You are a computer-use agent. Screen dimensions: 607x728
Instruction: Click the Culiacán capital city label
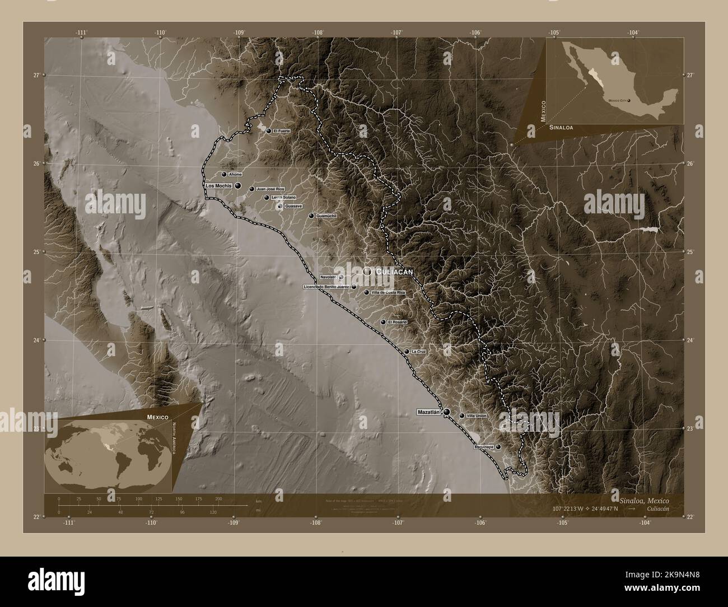pyautogui.click(x=395, y=272)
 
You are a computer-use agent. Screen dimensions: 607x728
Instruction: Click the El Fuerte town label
pyautogui.click(x=282, y=131)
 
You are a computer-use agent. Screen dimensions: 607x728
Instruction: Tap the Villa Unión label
pyautogui.click(x=477, y=416)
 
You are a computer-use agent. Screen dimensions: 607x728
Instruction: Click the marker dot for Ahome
pyautogui.click(x=224, y=174)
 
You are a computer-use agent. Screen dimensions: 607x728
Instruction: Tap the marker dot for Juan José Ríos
pyautogui.click(x=251, y=189)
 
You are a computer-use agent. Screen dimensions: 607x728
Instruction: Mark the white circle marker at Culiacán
pyautogui.click(x=367, y=271)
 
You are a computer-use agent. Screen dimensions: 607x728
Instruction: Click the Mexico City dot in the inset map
pyautogui.click(x=629, y=101)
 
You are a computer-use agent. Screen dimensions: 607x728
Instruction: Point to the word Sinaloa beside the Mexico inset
pyautogui.click(x=561, y=128)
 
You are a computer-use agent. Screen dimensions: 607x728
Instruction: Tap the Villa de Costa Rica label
pyautogui.click(x=388, y=292)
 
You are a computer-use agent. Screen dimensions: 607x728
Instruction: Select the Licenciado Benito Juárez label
pyautogui.click(x=326, y=287)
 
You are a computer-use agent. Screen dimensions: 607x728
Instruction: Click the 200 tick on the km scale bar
pyautogui.click(x=218, y=498)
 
